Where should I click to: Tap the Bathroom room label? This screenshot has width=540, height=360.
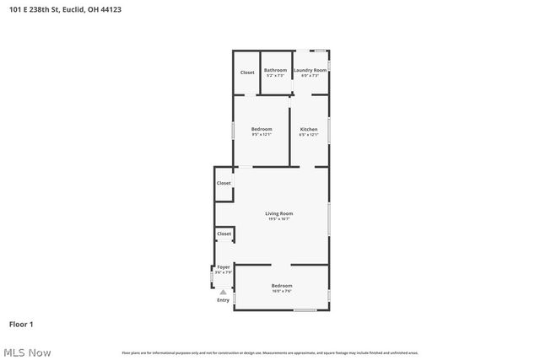tap(275, 70)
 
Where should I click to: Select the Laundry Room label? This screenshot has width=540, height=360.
tap(310, 70)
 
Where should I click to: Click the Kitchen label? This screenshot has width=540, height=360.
tap(309, 129)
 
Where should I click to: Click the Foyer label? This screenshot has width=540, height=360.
tap(224, 267)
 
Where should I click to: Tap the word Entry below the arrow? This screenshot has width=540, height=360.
tap(223, 300)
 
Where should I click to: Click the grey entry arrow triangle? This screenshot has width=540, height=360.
tap(224, 292)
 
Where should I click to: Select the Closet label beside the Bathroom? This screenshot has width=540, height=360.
tap(247, 73)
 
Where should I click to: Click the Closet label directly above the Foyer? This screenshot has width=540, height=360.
tap(224, 234)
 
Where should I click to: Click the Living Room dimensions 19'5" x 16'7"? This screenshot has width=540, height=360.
tap(278, 219)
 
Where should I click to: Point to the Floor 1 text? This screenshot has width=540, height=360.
tap(21, 324)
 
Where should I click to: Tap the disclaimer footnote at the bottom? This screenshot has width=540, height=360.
tap(270, 352)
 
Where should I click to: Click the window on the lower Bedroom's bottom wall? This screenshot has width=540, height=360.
tap(305, 310)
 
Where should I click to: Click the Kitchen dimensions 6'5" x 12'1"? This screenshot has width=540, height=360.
tap(309, 135)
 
